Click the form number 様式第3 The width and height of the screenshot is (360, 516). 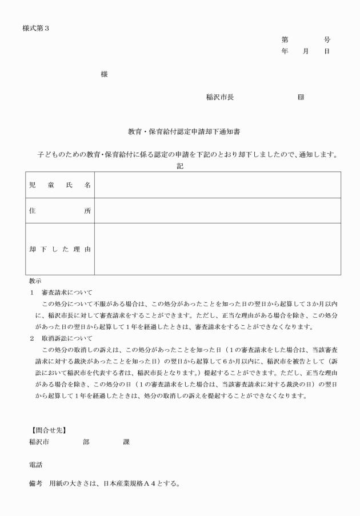point(36,28)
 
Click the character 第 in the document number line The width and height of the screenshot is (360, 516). point(285,40)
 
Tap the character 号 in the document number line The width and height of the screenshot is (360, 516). point(327,40)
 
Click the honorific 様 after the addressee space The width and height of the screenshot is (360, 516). point(103,75)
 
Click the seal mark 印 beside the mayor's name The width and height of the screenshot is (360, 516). point(301,97)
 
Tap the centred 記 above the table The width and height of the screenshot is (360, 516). point(180,165)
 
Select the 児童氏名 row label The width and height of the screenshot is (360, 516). point(60,185)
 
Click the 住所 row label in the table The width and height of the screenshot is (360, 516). point(60,210)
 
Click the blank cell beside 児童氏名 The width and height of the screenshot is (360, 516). point(217,185)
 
